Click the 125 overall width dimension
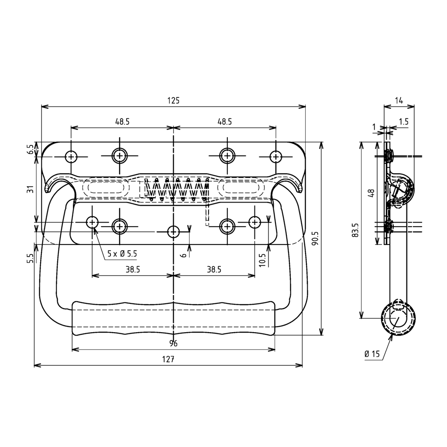pos(173,100)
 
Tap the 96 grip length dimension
pos(173,344)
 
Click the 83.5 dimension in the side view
pos(355,230)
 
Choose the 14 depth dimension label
pos(399,100)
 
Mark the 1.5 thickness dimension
pos(403,122)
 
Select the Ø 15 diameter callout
pos(372,354)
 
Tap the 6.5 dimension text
pos(30,149)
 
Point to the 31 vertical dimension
pos(30,190)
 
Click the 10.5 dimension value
pos(262,259)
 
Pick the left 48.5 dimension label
pos(122,122)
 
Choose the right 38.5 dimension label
pos(214,270)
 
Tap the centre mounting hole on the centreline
pos(174,231)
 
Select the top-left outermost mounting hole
pos(71,156)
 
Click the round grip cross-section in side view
pos(398,318)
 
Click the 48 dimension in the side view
pos(371,193)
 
